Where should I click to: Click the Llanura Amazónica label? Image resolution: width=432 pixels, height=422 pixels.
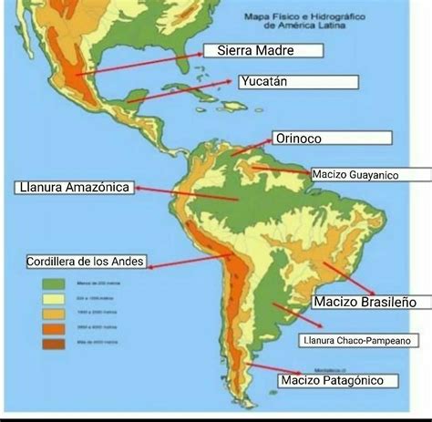[x=74, y=187]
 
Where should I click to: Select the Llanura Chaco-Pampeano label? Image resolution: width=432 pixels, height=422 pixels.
[x=359, y=341]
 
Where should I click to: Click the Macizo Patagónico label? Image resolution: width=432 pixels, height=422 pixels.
[x=339, y=379]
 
